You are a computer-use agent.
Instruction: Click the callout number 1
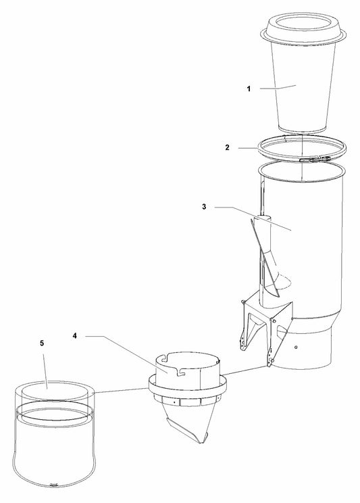point(249,89)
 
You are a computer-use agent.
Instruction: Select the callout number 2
point(228,147)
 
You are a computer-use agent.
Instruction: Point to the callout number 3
point(204,207)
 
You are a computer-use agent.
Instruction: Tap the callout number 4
point(75,336)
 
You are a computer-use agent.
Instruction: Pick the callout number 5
point(42,343)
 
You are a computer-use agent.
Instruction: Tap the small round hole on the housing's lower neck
point(296,347)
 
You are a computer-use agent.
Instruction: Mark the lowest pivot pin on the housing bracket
point(271,362)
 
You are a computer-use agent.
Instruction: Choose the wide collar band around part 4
point(188,383)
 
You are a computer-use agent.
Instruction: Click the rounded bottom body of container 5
point(54,456)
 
